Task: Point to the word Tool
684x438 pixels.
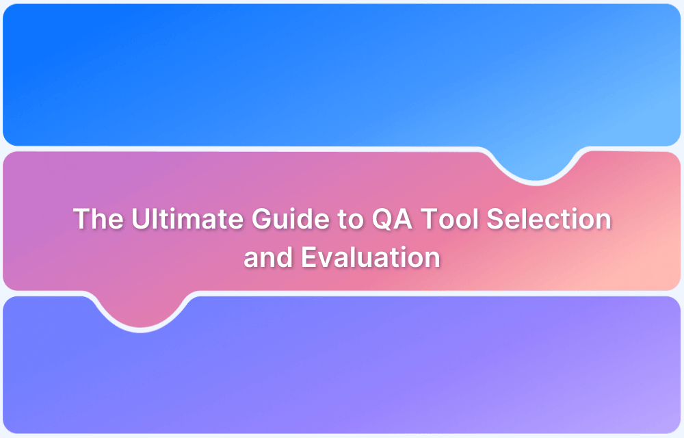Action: click(x=450, y=220)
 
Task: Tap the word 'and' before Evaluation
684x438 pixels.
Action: click(x=263, y=258)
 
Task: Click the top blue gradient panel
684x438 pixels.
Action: click(x=274, y=68)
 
